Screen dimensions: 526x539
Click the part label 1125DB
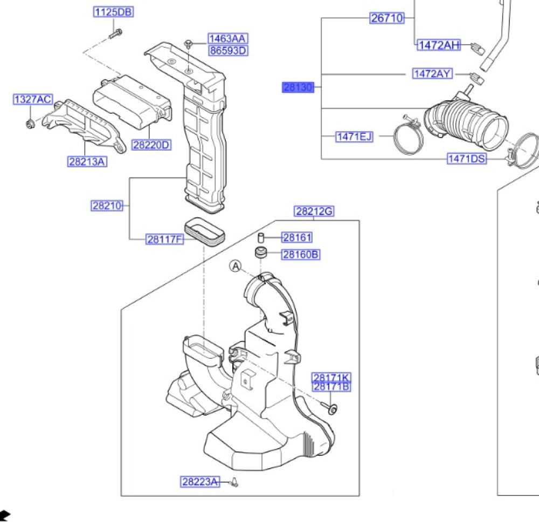114,12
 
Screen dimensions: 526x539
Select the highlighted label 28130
298,87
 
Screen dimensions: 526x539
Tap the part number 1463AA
228,39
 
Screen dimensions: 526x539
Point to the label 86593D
228,51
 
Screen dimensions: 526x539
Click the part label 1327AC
33,99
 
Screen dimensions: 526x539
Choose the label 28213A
87,161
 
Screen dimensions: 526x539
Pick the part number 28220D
151,145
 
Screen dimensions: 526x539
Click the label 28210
107,206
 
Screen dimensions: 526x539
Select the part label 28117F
165,239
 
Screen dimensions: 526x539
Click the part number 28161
298,237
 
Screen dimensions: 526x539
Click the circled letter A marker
235,265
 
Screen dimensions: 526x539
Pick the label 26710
387,18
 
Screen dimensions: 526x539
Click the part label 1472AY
432,73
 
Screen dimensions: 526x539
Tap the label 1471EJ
354,136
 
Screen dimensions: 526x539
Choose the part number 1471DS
466,158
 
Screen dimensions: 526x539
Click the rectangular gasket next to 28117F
204,230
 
